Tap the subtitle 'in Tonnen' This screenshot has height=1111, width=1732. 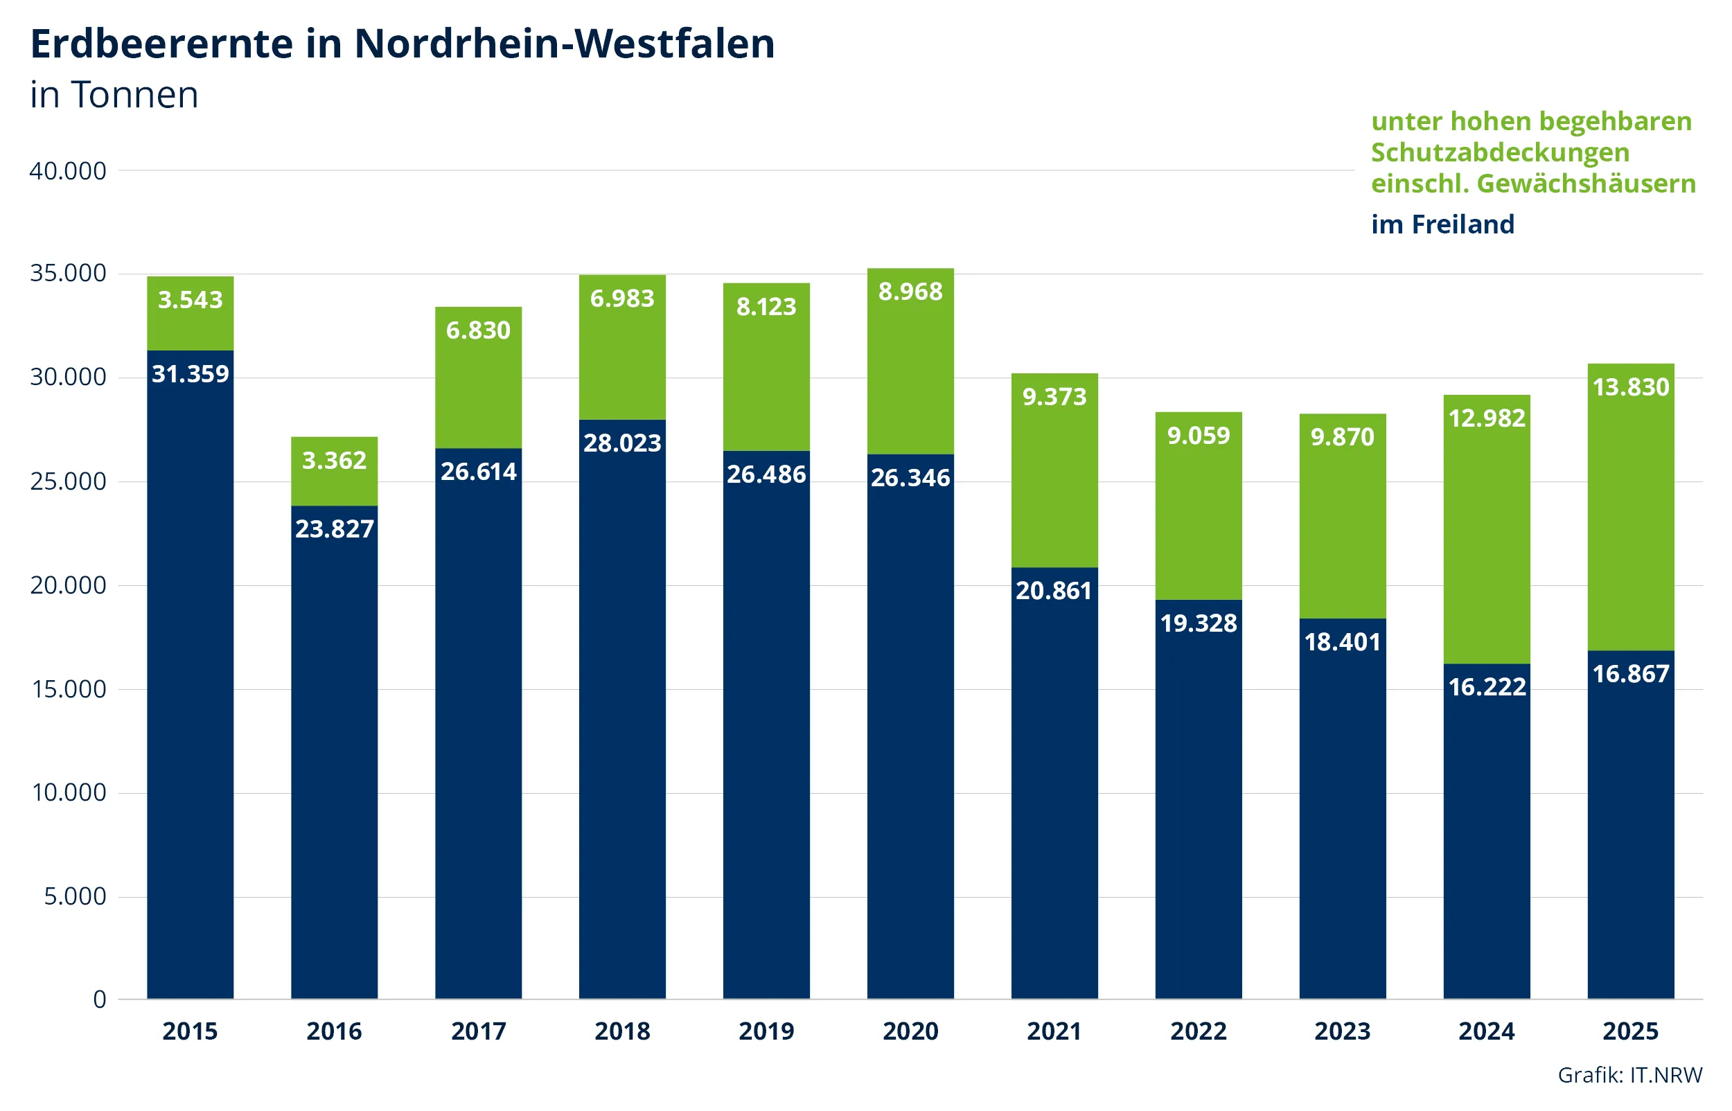pyautogui.click(x=114, y=94)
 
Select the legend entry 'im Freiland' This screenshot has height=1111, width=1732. pyautogui.click(x=1441, y=224)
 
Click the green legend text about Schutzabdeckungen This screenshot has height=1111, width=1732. pyautogui.click(x=1532, y=152)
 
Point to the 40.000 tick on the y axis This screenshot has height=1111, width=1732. pyautogui.click(x=68, y=171)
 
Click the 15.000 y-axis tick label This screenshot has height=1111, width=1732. pyautogui.click(x=68, y=689)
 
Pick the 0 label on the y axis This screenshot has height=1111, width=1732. pyautogui.click(x=100, y=999)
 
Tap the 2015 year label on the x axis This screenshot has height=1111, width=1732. pyautogui.click(x=190, y=1031)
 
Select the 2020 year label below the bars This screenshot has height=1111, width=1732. pyautogui.click(x=910, y=1031)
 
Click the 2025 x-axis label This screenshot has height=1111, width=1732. pyautogui.click(x=1629, y=1031)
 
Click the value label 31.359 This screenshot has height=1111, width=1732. pyautogui.click(x=190, y=374)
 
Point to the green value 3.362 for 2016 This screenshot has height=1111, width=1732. pyautogui.click(x=334, y=461)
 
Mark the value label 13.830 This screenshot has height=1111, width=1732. pyautogui.click(x=1629, y=387)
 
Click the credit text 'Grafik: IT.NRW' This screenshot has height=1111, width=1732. pyautogui.click(x=1629, y=1075)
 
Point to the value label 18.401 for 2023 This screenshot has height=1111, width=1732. pyautogui.click(x=1342, y=642)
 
